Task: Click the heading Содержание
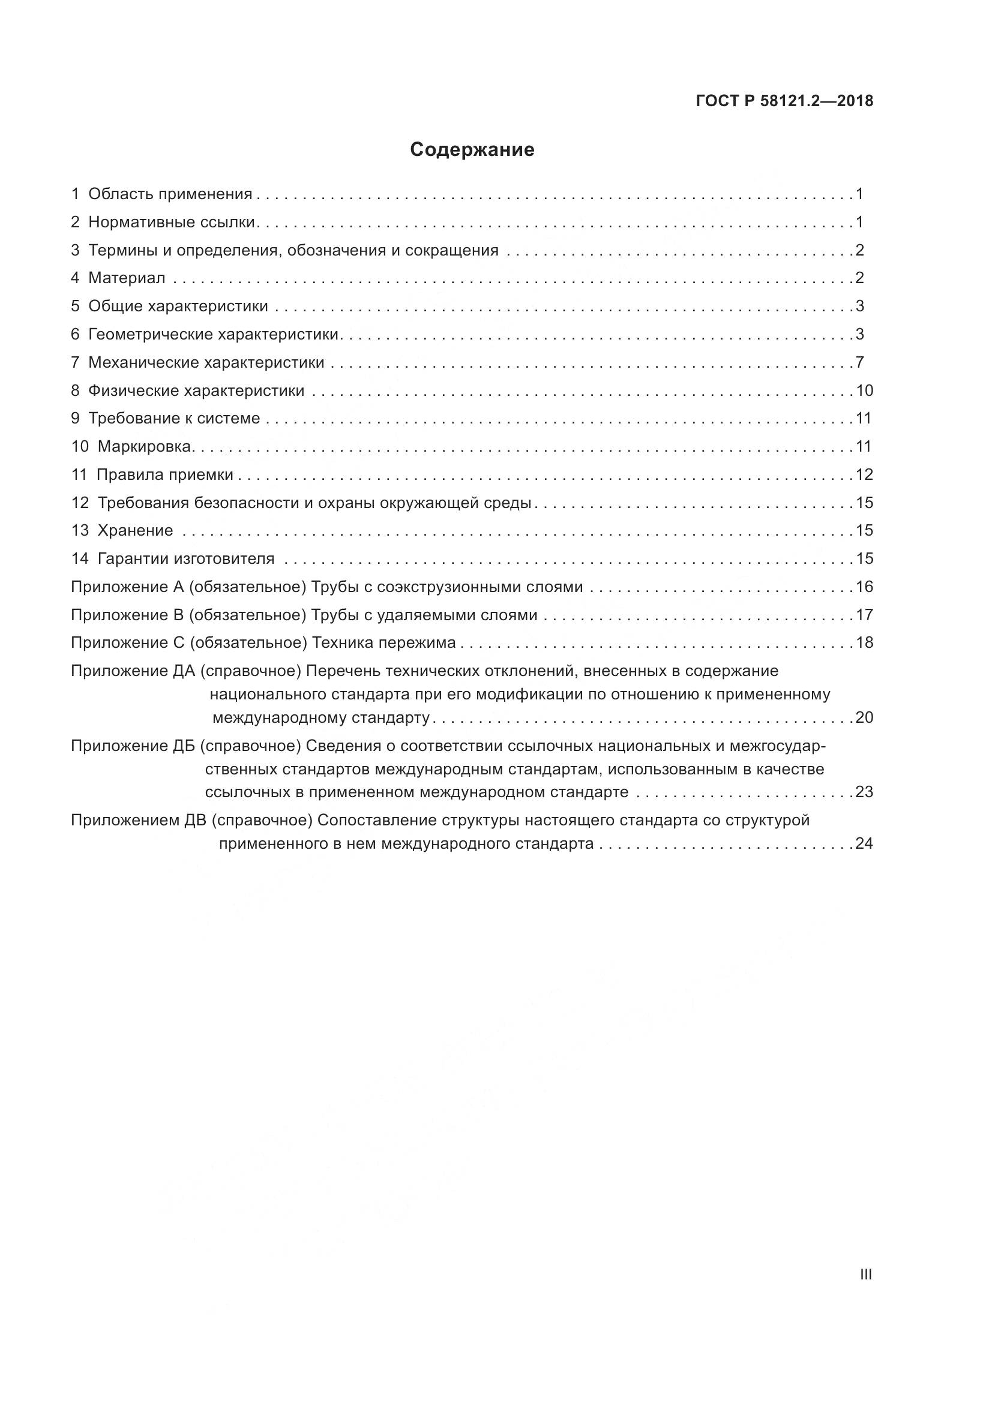click(472, 150)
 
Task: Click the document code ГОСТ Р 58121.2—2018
click(784, 101)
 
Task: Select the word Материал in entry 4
click(127, 278)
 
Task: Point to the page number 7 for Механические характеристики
click(860, 362)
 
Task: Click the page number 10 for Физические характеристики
click(864, 390)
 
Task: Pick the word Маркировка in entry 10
click(144, 447)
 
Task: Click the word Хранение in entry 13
click(135, 530)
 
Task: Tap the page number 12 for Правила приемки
click(864, 475)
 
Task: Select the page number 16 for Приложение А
click(864, 587)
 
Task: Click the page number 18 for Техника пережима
click(864, 643)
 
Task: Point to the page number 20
click(864, 717)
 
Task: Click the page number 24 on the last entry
click(864, 844)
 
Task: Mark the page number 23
click(864, 792)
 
